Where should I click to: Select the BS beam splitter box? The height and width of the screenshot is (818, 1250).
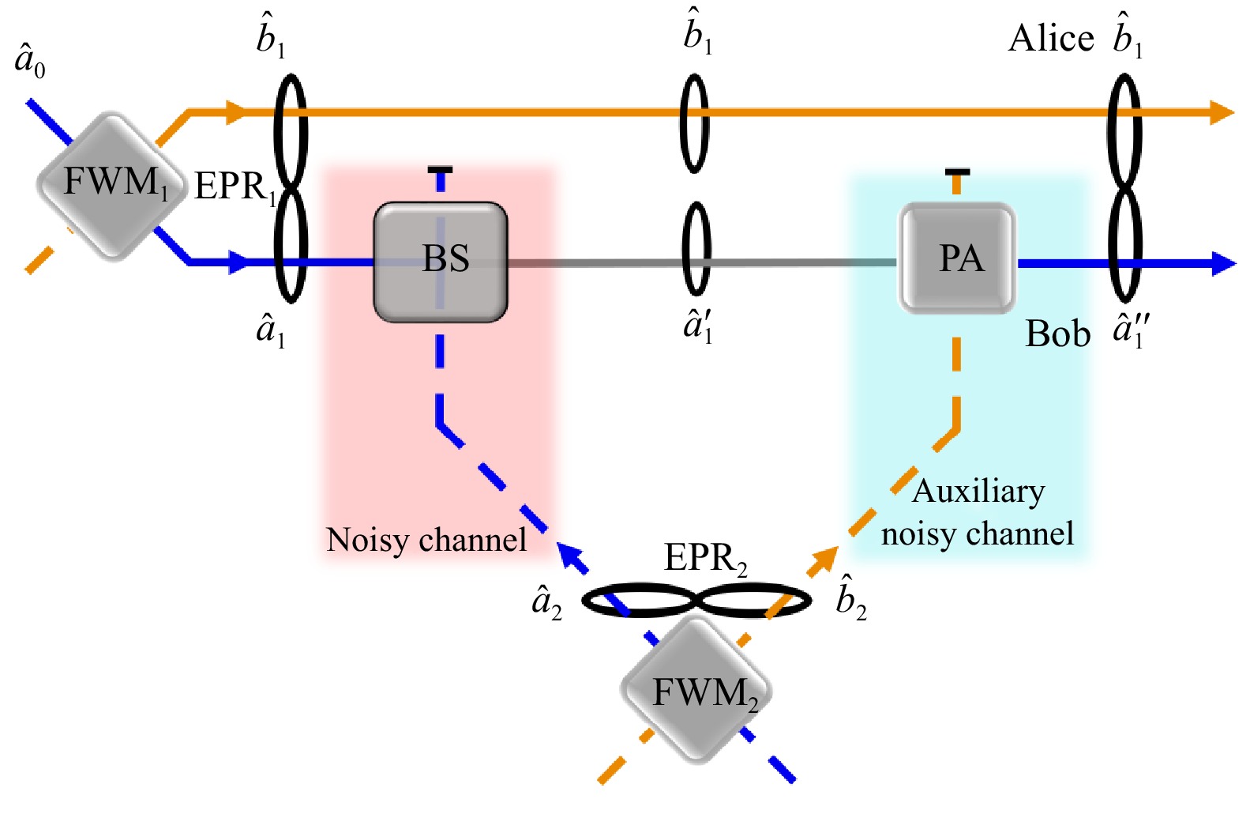[x=441, y=262]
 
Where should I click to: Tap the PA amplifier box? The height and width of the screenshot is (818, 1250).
[x=958, y=258]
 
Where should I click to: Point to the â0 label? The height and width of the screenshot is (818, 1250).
[x=30, y=62]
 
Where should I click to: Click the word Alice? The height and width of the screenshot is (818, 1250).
[x=1051, y=38]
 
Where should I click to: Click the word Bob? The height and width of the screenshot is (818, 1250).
[x=1057, y=334]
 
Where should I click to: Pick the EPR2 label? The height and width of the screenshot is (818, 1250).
[x=705, y=559]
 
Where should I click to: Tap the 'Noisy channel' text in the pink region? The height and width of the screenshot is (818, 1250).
[x=426, y=540]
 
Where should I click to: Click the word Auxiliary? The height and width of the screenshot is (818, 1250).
[x=978, y=492]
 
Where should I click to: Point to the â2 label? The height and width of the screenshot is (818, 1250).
[x=547, y=602]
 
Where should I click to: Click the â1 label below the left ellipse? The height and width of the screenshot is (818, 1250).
[x=270, y=329]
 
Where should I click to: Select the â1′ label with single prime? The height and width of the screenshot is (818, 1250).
[x=698, y=325]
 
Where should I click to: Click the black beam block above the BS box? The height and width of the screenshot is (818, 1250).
[x=440, y=170]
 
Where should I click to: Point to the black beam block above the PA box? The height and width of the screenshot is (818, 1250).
[x=957, y=172]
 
